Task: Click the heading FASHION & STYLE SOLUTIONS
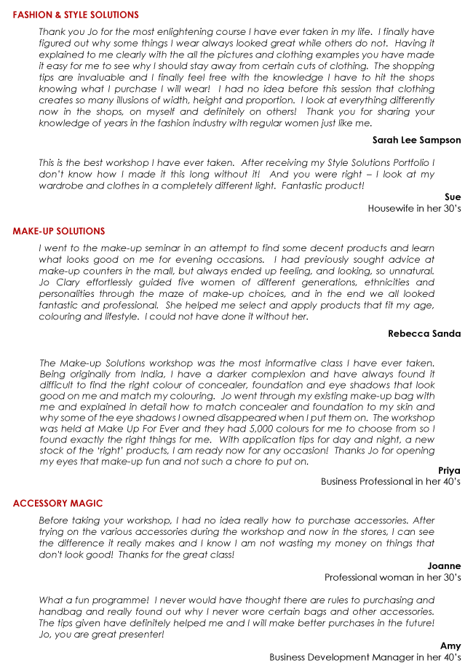(x=76, y=15)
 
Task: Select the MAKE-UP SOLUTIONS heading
(x=59, y=231)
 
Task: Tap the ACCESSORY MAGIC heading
(x=58, y=504)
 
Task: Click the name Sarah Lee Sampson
(x=416, y=140)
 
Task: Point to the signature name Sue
(x=453, y=196)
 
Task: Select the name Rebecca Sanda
(x=424, y=333)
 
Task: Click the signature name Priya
(x=449, y=470)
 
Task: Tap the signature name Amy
(x=450, y=646)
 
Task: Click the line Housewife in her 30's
(x=414, y=208)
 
